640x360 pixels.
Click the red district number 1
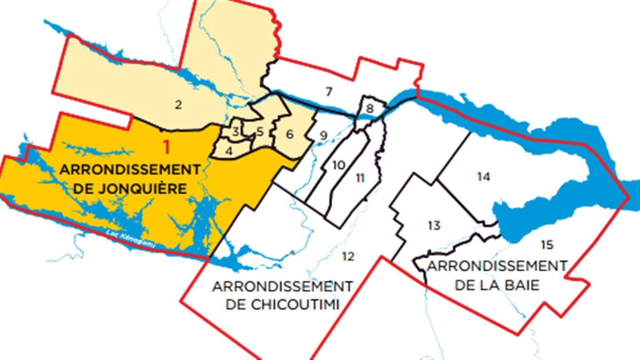pyautogui.click(x=166, y=147)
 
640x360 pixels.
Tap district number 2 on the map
pyautogui.click(x=178, y=105)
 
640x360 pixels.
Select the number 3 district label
pyautogui.click(x=235, y=132)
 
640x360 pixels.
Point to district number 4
pyautogui.click(x=228, y=151)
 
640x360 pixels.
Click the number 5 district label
pyautogui.click(x=260, y=132)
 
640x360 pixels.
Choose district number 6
pyautogui.click(x=289, y=135)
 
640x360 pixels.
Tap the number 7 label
pyautogui.click(x=329, y=92)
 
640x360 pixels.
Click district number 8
pyautogui.click(x=370, y=109)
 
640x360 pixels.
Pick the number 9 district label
pyautogui.click(x=323, y=136)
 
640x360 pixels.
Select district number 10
pyautogui.click(x=338, y=165)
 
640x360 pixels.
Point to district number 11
pyautogui.click(x=360, y=178)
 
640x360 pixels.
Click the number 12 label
pyautogui.click(x=348, y=256)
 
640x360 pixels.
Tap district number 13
pyautogui.click(x=434, y=225)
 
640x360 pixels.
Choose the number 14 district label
pyautogui.click(x=483, y=177)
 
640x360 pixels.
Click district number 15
pyautogui.click(x=547, y=245)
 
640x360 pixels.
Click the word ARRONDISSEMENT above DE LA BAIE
pyautogui.click(x=497, y=266)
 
